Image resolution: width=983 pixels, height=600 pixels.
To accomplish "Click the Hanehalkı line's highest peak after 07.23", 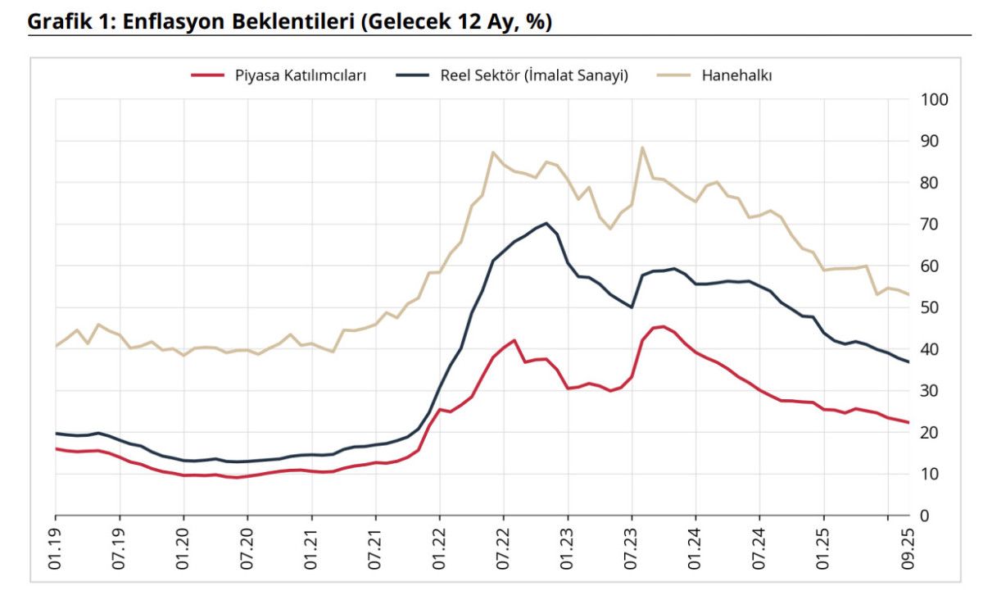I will pos(642,148).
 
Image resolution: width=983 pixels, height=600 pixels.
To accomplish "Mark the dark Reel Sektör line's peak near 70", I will pos(546,223).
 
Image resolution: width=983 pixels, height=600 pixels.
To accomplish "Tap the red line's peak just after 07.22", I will pos(514,340).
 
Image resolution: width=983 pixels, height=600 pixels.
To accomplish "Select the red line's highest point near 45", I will pos(663,326).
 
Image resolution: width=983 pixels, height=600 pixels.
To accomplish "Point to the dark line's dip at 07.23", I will pos(632,307).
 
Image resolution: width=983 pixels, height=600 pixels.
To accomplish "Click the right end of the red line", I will pos(909,422).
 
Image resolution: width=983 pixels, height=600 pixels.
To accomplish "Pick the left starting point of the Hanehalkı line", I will pos(56,346).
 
